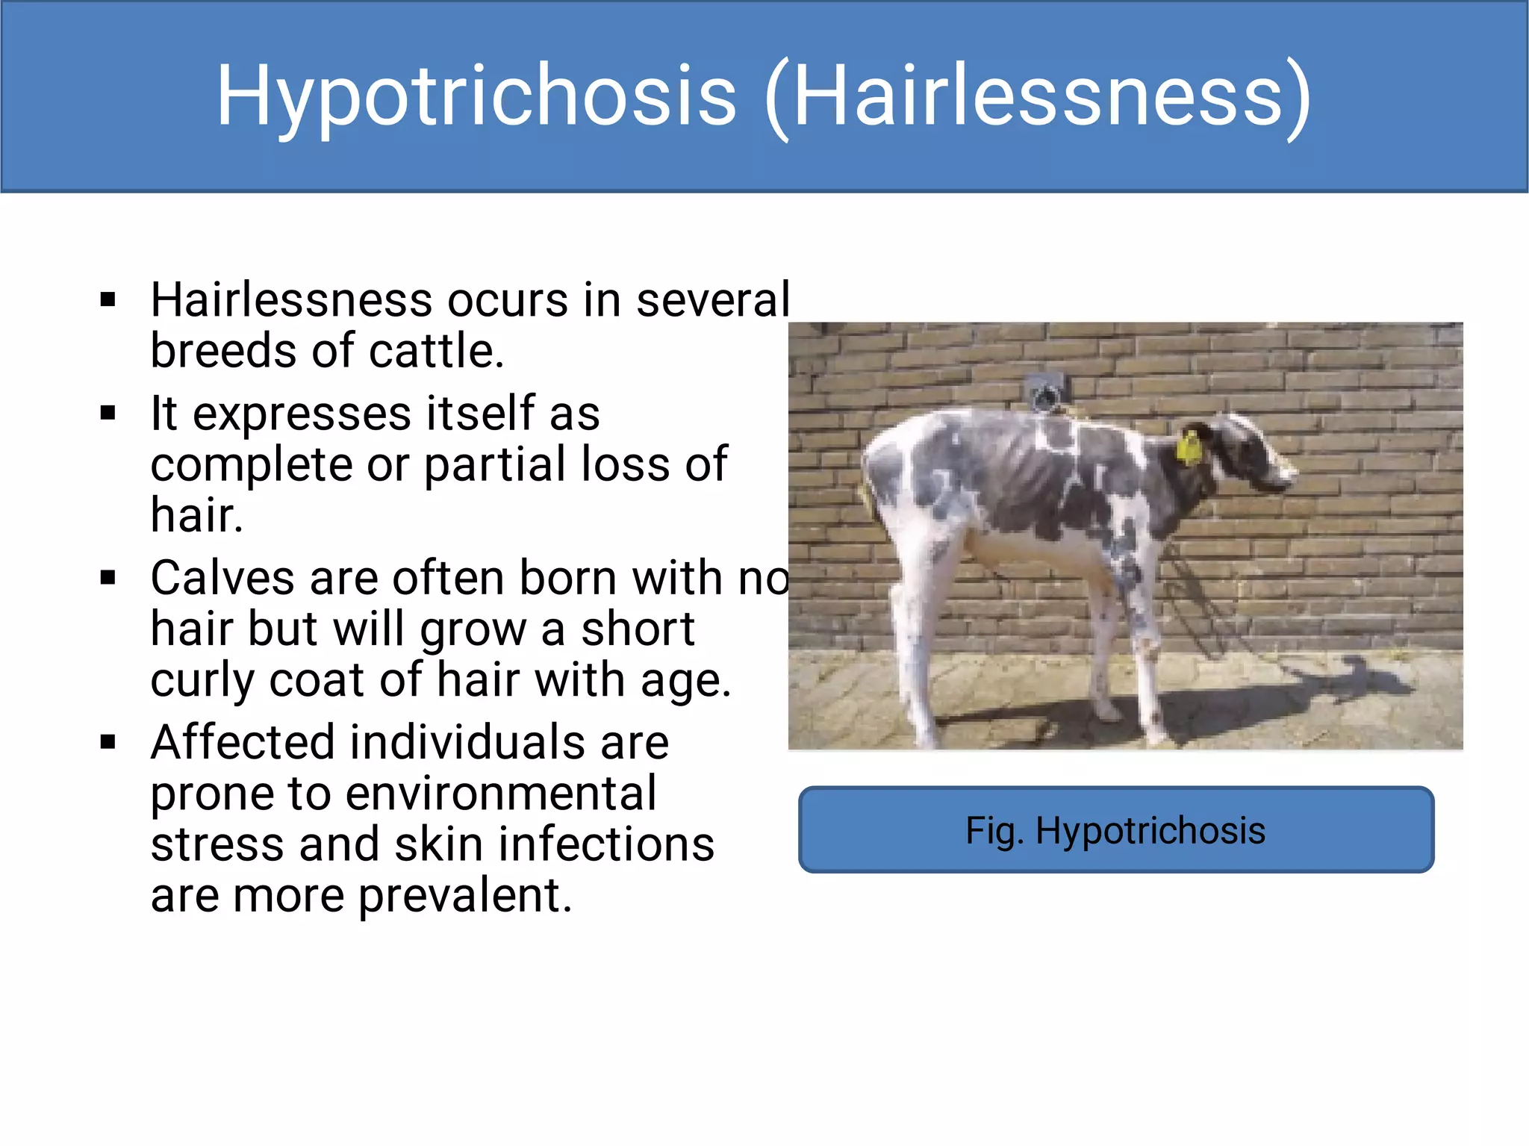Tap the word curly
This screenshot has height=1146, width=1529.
[202, 681]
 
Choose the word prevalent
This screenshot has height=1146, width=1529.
[464, 895]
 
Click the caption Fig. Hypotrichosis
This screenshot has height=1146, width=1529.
[1115, 830]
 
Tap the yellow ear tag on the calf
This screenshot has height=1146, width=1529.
[1188, 448]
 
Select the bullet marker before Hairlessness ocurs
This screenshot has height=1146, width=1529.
[108, 300]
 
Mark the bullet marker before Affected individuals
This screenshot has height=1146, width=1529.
[108, 743]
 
